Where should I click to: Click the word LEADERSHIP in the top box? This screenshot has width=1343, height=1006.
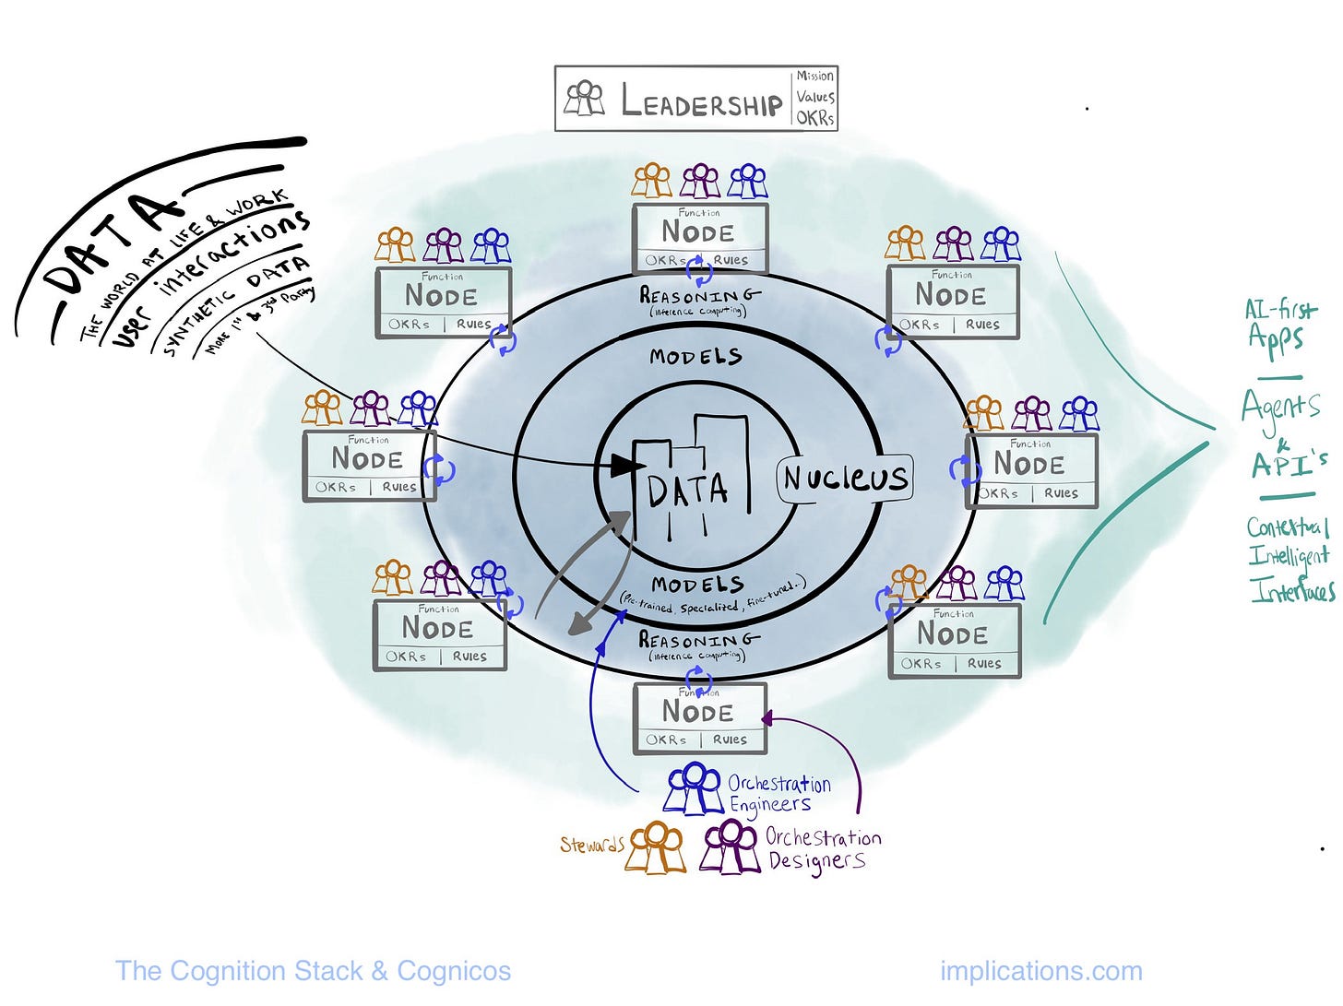[x=701, y=101]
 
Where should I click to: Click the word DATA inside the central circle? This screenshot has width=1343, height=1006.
[x=687, y=491]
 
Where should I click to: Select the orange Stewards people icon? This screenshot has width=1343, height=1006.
[x=655, y=846]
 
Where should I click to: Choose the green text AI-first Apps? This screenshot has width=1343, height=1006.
[x=1280, y=324]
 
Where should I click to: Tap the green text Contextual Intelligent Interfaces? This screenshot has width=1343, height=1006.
[x=1290, y=558]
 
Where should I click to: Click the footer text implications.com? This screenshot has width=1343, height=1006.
[x=1040, y=971]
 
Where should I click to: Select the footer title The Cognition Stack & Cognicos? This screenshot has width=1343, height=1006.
[x=313, y=971]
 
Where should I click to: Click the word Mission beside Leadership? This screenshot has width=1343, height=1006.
[x=815, y=77]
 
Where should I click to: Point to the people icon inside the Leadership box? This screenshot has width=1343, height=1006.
[x=585, y=98]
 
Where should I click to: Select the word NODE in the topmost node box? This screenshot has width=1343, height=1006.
[x=698, y=232]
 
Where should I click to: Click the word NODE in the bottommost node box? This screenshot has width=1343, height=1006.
[x=698, y=712]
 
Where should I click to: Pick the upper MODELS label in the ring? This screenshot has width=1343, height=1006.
[x=695, y=356]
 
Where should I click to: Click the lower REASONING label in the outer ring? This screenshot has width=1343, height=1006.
[x=699, y=639]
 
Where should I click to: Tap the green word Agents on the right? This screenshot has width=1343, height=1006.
[x=1280, y=406]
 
